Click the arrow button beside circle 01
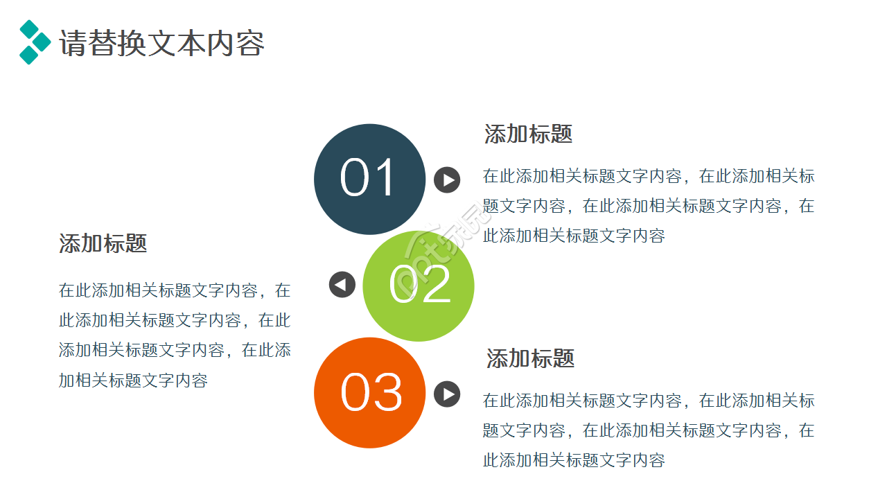[x=447, y=180]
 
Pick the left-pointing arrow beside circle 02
[x=342, y=285]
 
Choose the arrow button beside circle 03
[x=447, y=394]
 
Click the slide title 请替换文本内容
[x=162, y=43]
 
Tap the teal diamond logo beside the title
[x=34, y=42]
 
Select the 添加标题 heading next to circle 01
[x=528, y=134]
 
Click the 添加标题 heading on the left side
[x=103, y=243]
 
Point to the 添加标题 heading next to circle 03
[x=530, y=358]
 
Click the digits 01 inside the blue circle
[x=368, y=178]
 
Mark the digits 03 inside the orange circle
[x=371, y=393]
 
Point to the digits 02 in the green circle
[x=420, y=285]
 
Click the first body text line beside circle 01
[x=649, y=176]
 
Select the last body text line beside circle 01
[x=574, y=236]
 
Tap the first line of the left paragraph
[x=175, y=290]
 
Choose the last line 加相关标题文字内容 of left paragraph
[x=133, y=380]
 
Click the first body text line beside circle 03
[x=649, y=401]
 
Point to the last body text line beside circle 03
[x=574, y=460]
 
